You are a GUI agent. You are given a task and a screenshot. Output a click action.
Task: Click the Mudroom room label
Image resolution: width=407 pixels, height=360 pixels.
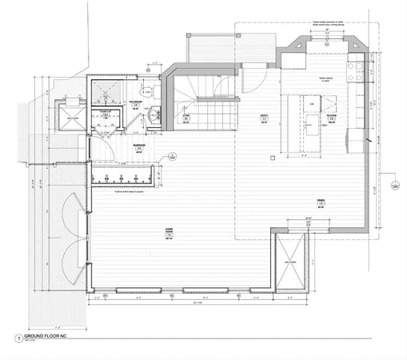point(138,149)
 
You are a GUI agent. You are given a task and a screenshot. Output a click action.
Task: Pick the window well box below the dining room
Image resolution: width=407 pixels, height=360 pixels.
point(289,262)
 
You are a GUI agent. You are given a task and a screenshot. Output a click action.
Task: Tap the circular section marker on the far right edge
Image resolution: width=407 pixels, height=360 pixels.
point(395,186)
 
